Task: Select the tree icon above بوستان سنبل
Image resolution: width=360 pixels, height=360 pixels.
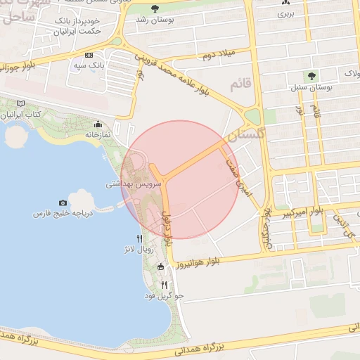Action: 310,75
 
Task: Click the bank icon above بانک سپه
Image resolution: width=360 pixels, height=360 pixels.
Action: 89,55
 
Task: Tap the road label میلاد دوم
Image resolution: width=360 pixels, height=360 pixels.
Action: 215,55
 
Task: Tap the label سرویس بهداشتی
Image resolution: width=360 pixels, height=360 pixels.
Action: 134,184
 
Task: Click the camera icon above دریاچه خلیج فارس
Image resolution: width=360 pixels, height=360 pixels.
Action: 63,202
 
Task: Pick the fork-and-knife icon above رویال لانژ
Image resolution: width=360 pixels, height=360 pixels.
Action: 139,239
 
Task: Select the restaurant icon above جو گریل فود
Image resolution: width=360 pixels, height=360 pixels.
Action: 164,285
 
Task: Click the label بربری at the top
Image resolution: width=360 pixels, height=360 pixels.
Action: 283,13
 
